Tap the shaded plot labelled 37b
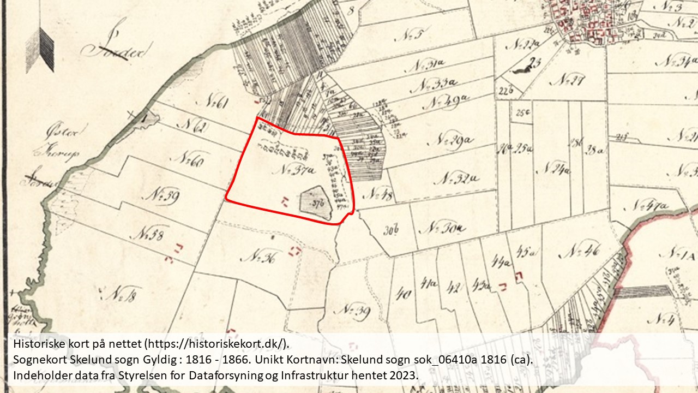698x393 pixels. [x=317, y=203]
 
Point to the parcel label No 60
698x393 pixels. [x=186, y=159]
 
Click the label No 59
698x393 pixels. [x=162, y=195]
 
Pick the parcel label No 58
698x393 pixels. [x=148, y=235]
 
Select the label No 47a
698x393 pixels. [x=648, y=206]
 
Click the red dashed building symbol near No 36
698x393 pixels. [x=295, y=251]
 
